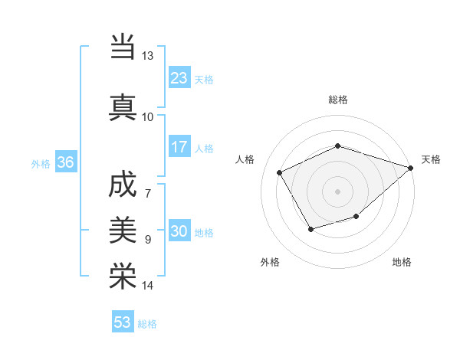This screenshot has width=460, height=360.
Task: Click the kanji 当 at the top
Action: point(123,47)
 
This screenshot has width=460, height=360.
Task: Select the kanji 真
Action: point(123,106)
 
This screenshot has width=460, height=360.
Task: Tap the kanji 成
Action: point(123,185)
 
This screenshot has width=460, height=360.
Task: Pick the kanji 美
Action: point(123,228)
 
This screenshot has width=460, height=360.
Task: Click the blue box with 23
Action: point(179,77)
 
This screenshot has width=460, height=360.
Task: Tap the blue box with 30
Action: point(179,232)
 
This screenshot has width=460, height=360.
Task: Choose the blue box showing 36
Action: point(65,162)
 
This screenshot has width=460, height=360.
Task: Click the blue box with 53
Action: point(123,322)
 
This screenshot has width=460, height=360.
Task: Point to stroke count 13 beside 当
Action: point(148,56)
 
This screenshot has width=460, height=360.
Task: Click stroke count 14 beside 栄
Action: point(148,286)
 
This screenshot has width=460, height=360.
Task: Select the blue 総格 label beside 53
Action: point(147,324)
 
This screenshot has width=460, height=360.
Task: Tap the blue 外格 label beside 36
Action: point(40,164)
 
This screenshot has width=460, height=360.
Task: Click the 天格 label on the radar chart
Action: point(431,159)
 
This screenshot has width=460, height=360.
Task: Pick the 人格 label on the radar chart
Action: point(245,159)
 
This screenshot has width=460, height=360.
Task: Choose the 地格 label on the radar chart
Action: point(402,262)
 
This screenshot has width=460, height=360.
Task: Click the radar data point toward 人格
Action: point(280,173)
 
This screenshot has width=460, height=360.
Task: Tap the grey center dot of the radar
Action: point(337,191)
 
